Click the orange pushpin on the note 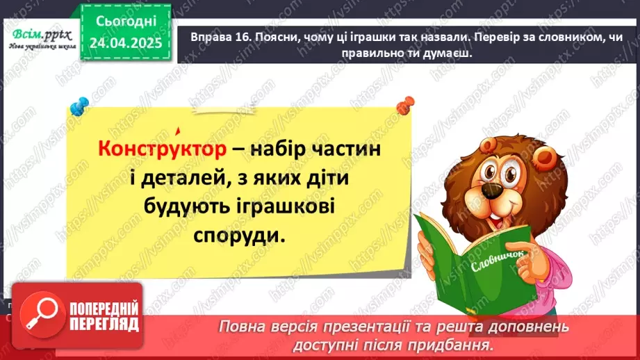402,106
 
